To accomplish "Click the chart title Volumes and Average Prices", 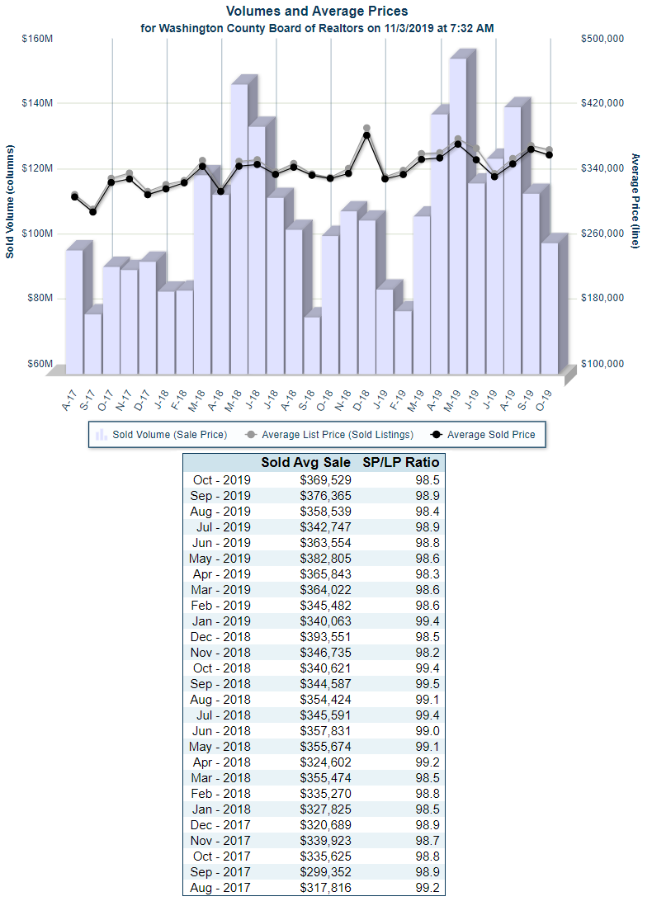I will click(317, 12).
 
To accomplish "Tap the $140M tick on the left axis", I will click(38, 103).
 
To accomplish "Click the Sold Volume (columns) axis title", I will click(10, 202).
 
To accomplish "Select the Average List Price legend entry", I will click(330, 434).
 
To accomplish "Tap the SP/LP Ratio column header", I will click(401, 462).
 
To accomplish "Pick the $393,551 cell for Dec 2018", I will click(320, 636).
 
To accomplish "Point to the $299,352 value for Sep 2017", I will click(320, 871).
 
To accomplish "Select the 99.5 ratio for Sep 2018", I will click(424, 683).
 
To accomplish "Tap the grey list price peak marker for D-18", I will click(366, 129).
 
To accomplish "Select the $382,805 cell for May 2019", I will click(320, 558).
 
